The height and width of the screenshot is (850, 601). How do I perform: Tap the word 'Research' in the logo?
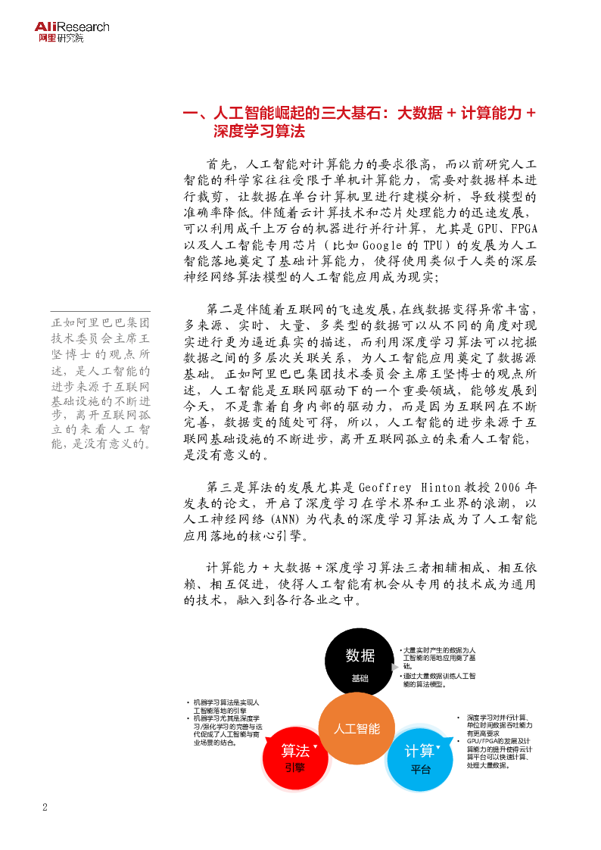coord(83,27)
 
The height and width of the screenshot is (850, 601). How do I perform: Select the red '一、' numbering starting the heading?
coord(195,114)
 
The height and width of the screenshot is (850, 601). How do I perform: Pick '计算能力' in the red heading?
coord(491,114)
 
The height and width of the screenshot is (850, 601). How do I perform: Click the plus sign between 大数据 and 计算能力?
coord(451,114)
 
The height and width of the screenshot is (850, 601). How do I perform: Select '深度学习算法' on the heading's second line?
coord(259,132)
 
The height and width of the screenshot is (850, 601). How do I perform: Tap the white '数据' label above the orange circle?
coord(360,655)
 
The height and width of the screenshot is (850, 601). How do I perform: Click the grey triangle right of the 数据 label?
coord(394,667)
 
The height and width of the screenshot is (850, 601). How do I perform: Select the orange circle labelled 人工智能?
coord(357,728)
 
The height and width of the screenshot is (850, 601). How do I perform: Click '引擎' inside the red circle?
coord(295,767)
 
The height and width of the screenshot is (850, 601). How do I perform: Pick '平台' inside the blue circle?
coord(421,769)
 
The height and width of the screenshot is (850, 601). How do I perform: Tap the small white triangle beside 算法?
coord(316,746)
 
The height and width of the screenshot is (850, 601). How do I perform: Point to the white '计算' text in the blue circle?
coord(419,751)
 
